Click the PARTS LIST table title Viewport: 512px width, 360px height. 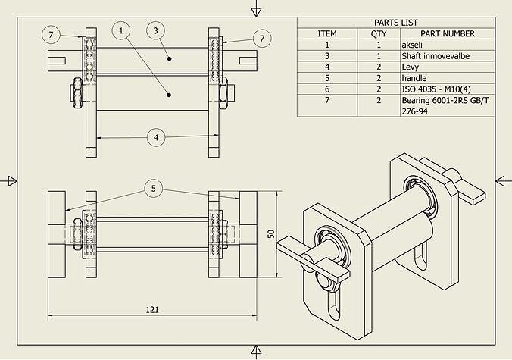(396, 23)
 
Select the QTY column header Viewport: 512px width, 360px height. (378, 33)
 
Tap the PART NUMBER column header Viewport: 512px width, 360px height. (448, 33)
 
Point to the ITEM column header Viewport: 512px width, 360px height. (327, 33)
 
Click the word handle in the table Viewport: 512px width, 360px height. (414, 77)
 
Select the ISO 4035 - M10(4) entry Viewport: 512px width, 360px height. (436, 89)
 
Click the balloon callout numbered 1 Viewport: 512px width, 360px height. (121, 30)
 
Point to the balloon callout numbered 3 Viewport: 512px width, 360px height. (155, 30)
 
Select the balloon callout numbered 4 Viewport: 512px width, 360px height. (155, 137)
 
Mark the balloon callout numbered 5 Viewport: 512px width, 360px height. (155, 188)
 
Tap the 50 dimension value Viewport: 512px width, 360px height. (270, 233)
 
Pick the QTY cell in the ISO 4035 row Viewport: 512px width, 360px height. (378, 89)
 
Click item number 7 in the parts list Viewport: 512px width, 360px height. (327, 100)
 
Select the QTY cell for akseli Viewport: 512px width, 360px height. (378, 45)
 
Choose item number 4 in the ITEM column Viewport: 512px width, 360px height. (327, 67)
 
